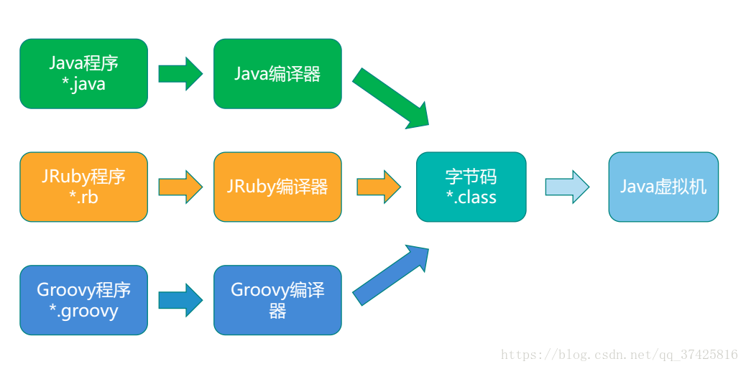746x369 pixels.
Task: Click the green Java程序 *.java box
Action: click(x=83, y=73)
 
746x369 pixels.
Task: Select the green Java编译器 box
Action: click(x=277, y=73)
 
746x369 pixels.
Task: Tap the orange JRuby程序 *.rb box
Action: click(x=83, y=187)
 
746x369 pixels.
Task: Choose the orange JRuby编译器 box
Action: click(x=277, y=187)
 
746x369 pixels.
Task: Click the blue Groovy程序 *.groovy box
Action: click(x=83, y=300)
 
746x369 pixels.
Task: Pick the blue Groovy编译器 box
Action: click(x=277, y=300)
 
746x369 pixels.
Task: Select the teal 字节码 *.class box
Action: click(x=471, y=187)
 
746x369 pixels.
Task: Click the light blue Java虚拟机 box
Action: click(x=663, y=187)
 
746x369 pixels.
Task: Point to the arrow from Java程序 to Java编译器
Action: click(x=180, y=74)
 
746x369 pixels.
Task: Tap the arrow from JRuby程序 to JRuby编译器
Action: click(x=180, y=187)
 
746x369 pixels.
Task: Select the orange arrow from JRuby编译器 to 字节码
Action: click(x=378, y=187)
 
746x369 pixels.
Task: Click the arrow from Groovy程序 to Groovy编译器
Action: click(x=180, y=300)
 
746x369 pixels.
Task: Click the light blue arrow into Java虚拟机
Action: click(x=566, y=187)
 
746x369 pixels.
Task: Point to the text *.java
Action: click(x=83, y=84)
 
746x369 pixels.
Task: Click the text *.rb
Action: click(x=83, y=197)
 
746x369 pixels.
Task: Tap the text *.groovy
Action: click(x=83, y=311)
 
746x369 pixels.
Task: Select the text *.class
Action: click(x=471, y=197)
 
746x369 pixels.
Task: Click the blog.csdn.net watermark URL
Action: click(x=619, y=355)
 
